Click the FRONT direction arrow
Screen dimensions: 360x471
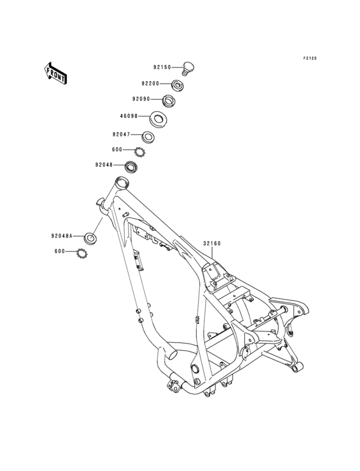point(55,73)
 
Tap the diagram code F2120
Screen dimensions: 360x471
point(310,59)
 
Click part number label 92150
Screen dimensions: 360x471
point(162,68)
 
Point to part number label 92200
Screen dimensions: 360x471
point(150,84)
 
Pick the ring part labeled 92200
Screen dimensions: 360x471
point(178,86)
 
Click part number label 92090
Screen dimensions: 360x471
point(141,99)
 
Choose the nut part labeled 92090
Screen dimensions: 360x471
point(168,101)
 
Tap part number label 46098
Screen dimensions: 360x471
point(129,116)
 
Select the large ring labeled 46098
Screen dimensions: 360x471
point(158,120)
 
